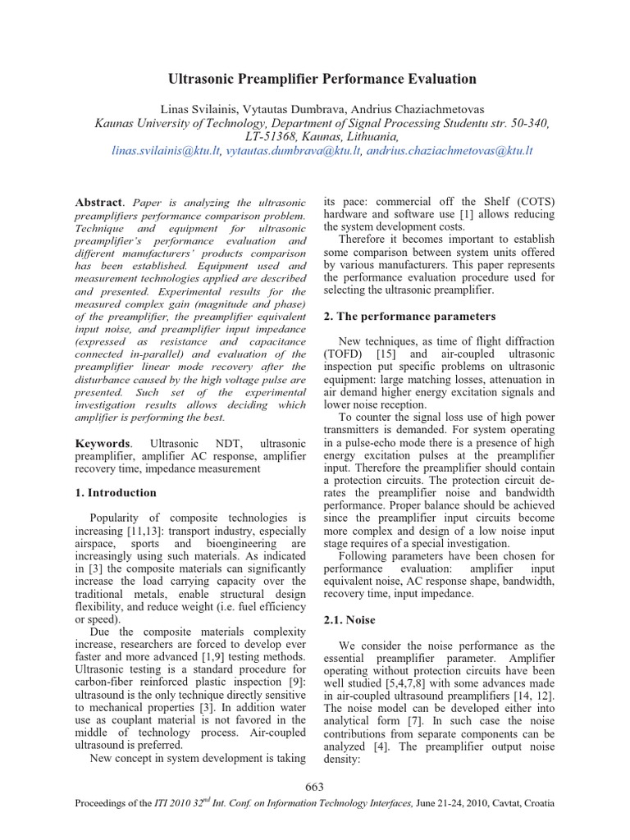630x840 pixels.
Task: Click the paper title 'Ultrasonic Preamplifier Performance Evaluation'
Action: pos(322,80)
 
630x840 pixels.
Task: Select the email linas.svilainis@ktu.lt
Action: pos(165,151)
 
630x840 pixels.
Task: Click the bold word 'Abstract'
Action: pos(98,203)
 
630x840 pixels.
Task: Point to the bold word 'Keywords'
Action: pos(102,442)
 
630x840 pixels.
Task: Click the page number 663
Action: pos(314,787)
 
